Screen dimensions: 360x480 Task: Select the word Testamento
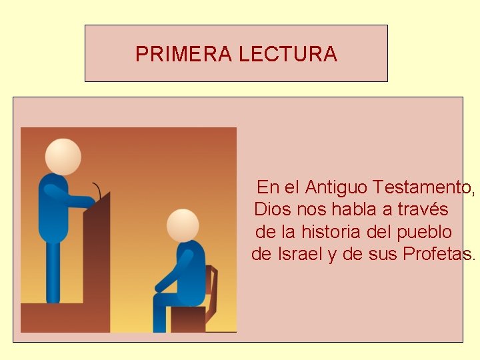pyautogui.click(x=424, y=187)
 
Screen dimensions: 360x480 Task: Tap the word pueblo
pyautogui.click(x=424, y=232)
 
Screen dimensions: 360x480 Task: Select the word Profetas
pyautogui.click(x=439, y=254)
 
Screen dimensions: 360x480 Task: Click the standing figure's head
pyautogui.click(x=63, y=157)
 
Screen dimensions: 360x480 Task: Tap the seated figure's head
pyautogui.click(x=183, y=225)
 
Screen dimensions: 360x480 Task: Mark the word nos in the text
pyautogui.click(x=312, y=209)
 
